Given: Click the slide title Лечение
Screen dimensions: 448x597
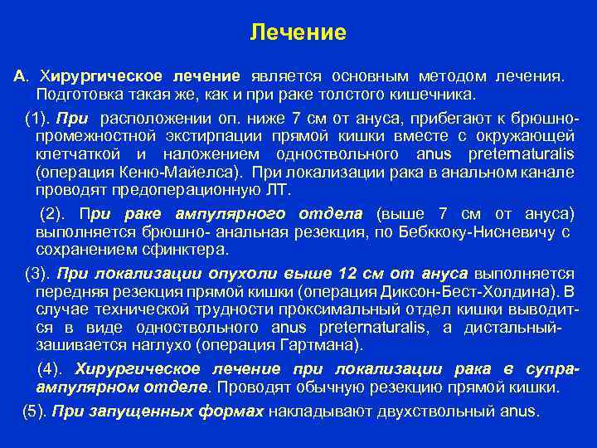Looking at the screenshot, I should coord(298,33).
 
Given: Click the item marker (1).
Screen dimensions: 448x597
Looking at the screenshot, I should coord(39,118).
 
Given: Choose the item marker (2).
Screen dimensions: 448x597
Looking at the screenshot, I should coord(55,213).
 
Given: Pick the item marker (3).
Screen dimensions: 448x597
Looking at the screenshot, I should coord(39,273).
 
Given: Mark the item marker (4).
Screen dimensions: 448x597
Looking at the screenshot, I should coord(55,368).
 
